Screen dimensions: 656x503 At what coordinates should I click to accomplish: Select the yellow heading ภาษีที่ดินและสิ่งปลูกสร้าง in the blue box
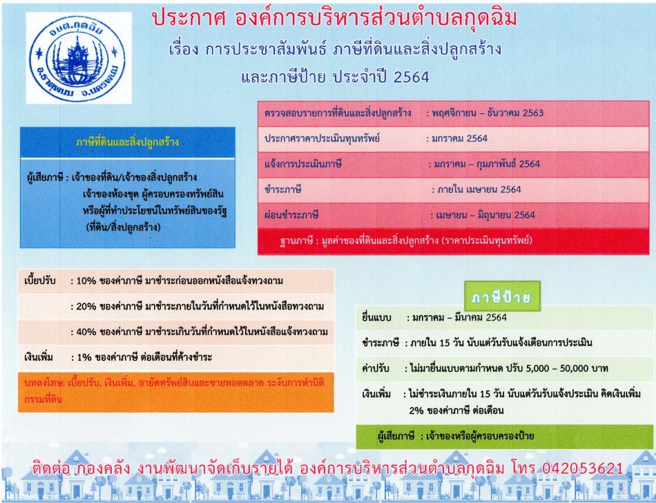(127, 142)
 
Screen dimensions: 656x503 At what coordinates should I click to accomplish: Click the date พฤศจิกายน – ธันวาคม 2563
(488, 113)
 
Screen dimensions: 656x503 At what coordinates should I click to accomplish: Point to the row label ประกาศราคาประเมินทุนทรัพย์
(322, 138)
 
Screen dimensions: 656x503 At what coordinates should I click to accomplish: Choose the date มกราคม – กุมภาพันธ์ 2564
(488, 164)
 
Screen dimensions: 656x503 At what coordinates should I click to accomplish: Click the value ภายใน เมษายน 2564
(479, 189)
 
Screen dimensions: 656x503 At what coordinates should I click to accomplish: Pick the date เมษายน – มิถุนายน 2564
(485, 215)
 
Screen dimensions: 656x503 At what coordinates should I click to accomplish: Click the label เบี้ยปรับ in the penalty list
(40, 281)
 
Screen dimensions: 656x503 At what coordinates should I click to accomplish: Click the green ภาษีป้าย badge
(503, 296)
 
